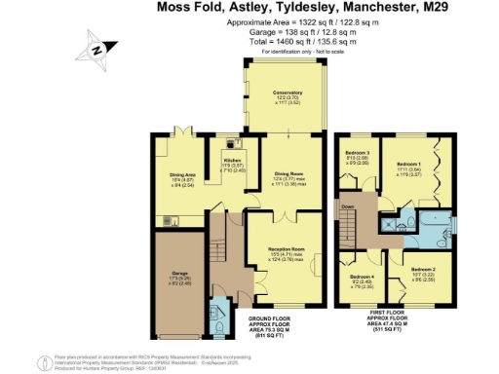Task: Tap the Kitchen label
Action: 232,159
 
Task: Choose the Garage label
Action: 178,274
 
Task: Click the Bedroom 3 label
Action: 358,154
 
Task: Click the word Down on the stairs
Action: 348,206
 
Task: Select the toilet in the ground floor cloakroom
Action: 216,326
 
